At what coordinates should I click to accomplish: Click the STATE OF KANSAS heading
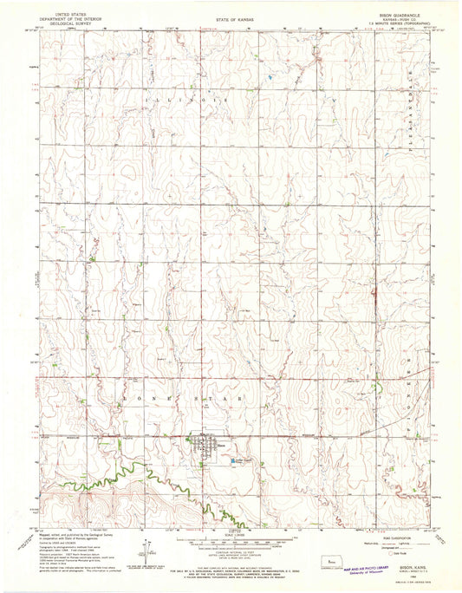pyautogui.click(x=230, y=16)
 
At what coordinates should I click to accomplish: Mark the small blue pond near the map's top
pyautogui.click(x=270, y=78)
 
